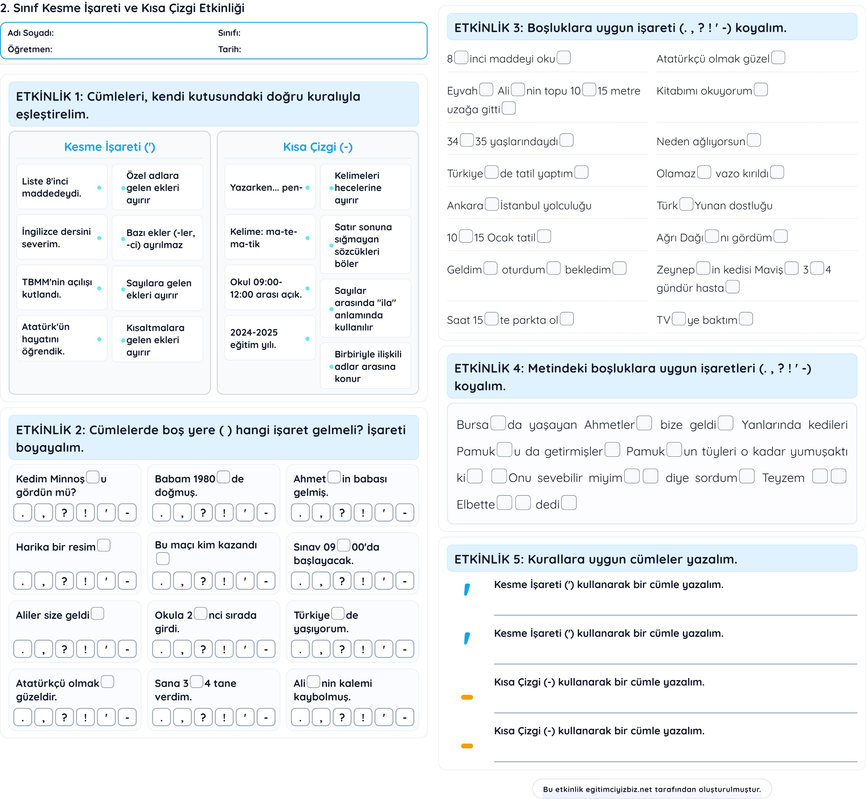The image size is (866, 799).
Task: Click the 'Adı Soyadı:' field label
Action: (x=31, y=33)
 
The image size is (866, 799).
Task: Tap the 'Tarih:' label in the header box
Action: (x=229, y=49)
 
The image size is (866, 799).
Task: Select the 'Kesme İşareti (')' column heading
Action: (x=110, y=147)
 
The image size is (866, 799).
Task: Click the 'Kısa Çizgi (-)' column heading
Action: (x=318, y=147)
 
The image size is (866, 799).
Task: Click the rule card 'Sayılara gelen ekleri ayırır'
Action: (x=157, y=289)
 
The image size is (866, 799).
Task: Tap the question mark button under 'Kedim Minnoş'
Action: (x=64, y=513)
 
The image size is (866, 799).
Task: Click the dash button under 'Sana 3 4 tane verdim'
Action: (x=266, y=718)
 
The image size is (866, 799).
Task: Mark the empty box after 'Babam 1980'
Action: (x=224, y=477)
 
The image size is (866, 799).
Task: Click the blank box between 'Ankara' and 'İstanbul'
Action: (x=492, y=204)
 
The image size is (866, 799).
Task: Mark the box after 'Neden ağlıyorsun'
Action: (x=754, y=140)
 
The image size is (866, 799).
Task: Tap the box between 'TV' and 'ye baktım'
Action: (x=679, y=319)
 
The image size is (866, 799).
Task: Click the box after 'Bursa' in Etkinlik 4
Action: (x=498, y=423)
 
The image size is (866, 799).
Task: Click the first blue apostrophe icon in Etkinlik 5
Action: (x=467, y=590)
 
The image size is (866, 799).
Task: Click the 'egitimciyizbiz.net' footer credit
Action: (x=652, y=789)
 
